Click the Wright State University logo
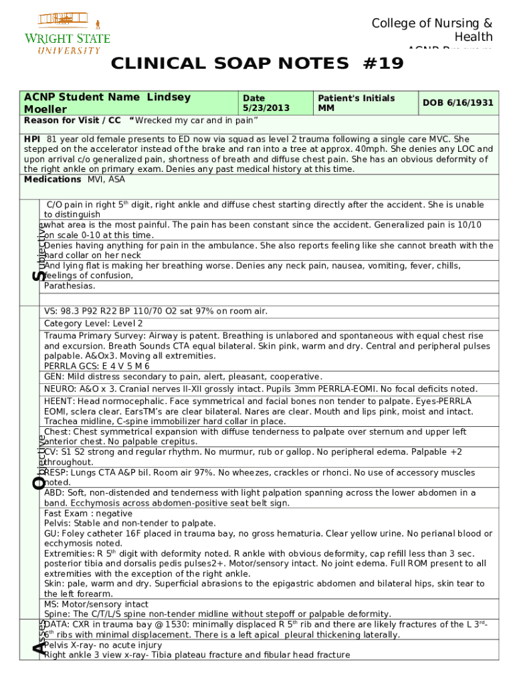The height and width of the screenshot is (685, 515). pos(67,33)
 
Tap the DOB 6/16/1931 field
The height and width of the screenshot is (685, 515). pos(458,103)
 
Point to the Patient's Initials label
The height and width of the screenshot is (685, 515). pos(356,98)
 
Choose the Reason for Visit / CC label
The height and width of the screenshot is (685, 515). pos(72,120)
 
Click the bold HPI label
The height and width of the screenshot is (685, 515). pos(32,138)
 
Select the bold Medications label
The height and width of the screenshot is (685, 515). pos(52,179)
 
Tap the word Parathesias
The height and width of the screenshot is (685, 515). pos(70,286)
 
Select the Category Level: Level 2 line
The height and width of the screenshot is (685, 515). pos(93,323)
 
